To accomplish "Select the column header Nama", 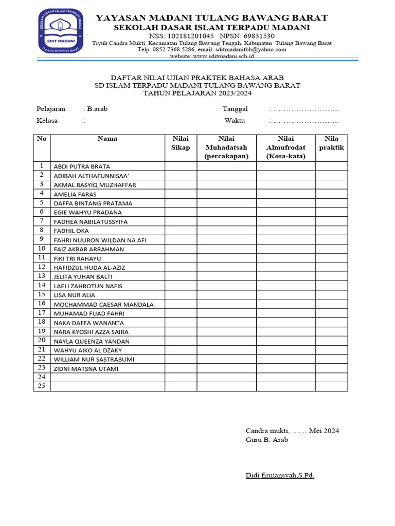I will [107, 139].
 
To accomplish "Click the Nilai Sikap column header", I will [181, 143].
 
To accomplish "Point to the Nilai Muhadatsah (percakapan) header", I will [226, 147].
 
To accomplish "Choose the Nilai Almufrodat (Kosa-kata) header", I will [285, 147].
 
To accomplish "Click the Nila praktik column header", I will [331, 143].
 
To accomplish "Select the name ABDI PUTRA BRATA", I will [82, 166].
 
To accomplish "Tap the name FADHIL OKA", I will [71, 231].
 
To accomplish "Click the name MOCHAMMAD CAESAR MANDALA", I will [103, 305].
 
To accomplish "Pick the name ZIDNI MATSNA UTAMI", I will [86, 369].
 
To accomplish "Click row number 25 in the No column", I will [42, 386].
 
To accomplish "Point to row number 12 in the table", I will [42, 267].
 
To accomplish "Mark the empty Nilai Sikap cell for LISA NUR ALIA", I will [181, 295].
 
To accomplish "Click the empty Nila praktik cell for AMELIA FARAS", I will [331, 194].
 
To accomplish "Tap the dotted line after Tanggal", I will [306, 109].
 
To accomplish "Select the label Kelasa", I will [47, 121].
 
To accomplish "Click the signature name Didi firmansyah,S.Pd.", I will [280, 475].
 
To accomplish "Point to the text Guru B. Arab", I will [267, 440].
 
